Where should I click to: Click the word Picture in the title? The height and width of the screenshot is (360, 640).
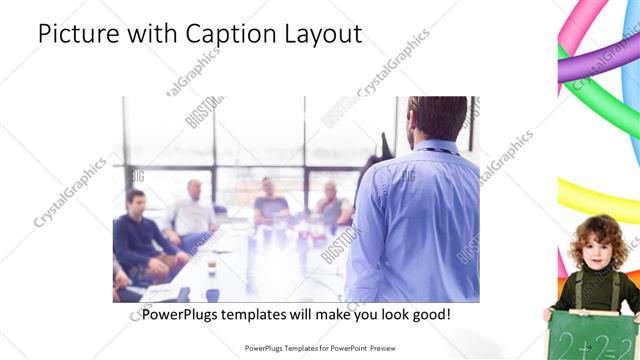click(77, 34)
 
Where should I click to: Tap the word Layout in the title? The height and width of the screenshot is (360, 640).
click(325, 34)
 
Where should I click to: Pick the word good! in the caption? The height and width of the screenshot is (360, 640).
click(429, 314)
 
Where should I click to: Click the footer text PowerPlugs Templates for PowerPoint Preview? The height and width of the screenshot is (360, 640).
click(320, 348)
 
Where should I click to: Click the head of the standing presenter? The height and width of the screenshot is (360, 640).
click(437, 118)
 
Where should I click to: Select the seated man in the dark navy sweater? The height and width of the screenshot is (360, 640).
click(140, 240)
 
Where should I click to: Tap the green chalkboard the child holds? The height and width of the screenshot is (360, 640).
click(592, 335)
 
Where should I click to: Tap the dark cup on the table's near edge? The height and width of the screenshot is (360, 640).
click(212, 296)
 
